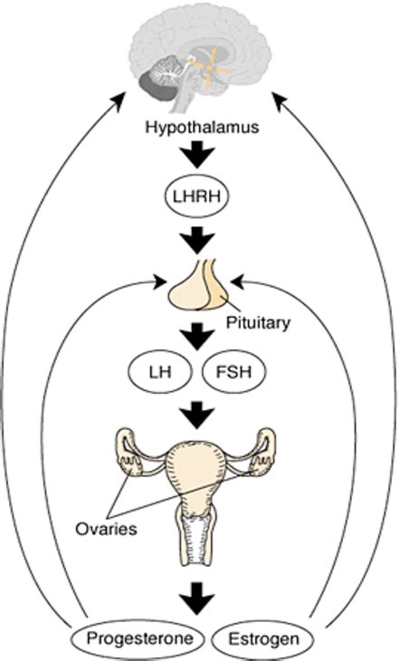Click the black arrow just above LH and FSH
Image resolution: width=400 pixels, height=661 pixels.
[199, 337]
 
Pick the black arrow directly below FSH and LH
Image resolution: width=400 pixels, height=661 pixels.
[199, 413]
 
